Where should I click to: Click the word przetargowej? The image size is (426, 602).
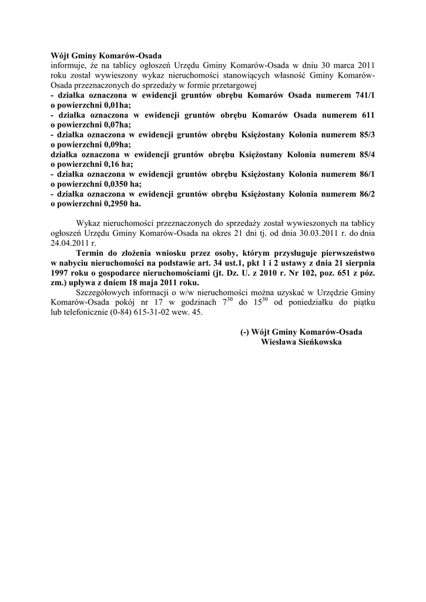pos(227,85)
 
